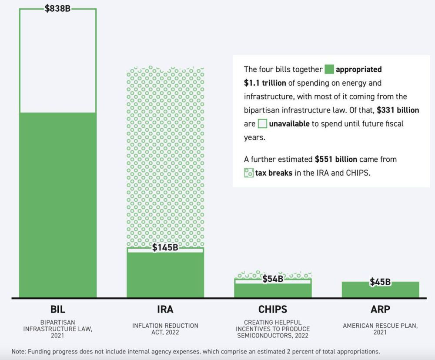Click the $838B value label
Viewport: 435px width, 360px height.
click(57, 8)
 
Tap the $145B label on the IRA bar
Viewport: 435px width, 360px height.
click(165, 247)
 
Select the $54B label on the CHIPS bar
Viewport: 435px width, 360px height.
click(273, 279)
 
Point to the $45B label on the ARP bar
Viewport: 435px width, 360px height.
click(380, 282)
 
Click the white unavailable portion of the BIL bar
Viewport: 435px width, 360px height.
click(57, 61)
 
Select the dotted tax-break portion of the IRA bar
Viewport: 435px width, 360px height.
click(165, 157)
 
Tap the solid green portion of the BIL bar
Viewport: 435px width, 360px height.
click(57, 204)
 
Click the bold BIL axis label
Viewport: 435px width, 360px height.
click(57, 310)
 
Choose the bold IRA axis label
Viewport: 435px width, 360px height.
click(165, 310)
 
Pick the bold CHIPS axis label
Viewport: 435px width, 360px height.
click(273, 310)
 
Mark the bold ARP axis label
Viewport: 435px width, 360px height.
click(380, 310)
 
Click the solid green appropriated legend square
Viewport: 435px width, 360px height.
click(329, 69)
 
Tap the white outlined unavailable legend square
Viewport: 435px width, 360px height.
click(262, 124)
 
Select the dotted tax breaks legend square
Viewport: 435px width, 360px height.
click(248, 173)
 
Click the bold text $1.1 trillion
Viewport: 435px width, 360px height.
click(265, 83)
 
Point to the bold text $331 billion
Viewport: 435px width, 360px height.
click(398, 110)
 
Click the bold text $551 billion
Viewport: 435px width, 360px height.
click(336, 159)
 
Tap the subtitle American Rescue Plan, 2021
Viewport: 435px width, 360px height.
click(380, 329)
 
